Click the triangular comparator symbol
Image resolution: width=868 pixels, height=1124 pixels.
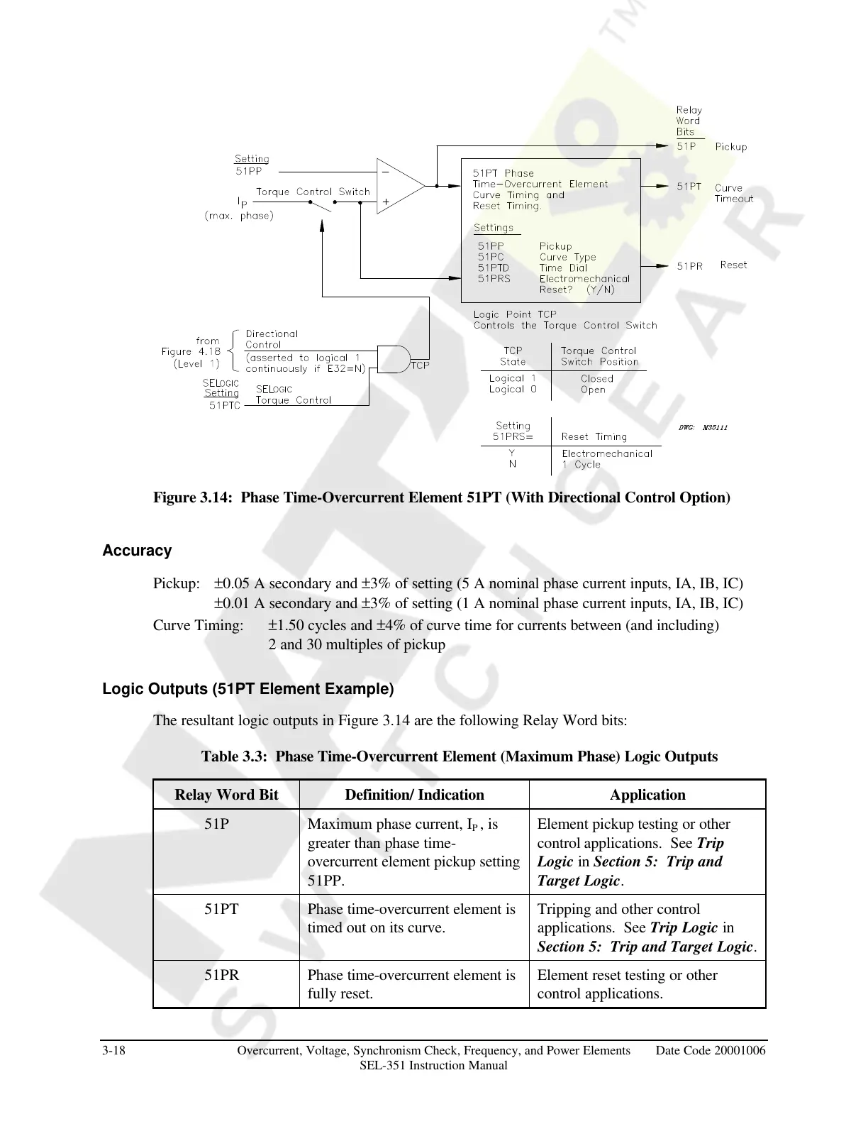coord(399,186)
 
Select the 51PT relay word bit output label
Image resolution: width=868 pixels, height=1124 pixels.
coord(689,187)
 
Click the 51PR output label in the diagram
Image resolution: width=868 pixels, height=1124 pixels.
coord(689,265)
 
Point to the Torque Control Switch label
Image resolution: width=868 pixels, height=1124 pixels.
coord(313,192)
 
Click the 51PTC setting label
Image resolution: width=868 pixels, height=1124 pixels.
coord(225,405)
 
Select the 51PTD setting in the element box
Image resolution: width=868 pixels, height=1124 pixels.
coord(493,268)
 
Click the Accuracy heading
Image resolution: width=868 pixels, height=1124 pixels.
coord(137,551)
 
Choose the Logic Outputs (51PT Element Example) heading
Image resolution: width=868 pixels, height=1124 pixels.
coord(247,689)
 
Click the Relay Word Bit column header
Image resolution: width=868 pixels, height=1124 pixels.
coord(226,795)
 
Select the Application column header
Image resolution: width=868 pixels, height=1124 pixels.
coord(647,795)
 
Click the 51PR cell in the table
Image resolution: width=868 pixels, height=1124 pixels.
coord(222,975)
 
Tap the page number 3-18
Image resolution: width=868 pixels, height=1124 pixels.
coord(114,1050)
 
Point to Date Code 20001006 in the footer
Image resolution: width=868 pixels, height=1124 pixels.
coord(711,1050)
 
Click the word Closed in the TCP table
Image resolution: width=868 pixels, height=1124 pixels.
coord(596,379)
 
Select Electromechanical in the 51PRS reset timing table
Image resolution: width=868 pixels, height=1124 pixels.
coord(606,453)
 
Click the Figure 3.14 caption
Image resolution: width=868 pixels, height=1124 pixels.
coord(441,497)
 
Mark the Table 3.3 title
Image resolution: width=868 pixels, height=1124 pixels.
coord(460,756)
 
